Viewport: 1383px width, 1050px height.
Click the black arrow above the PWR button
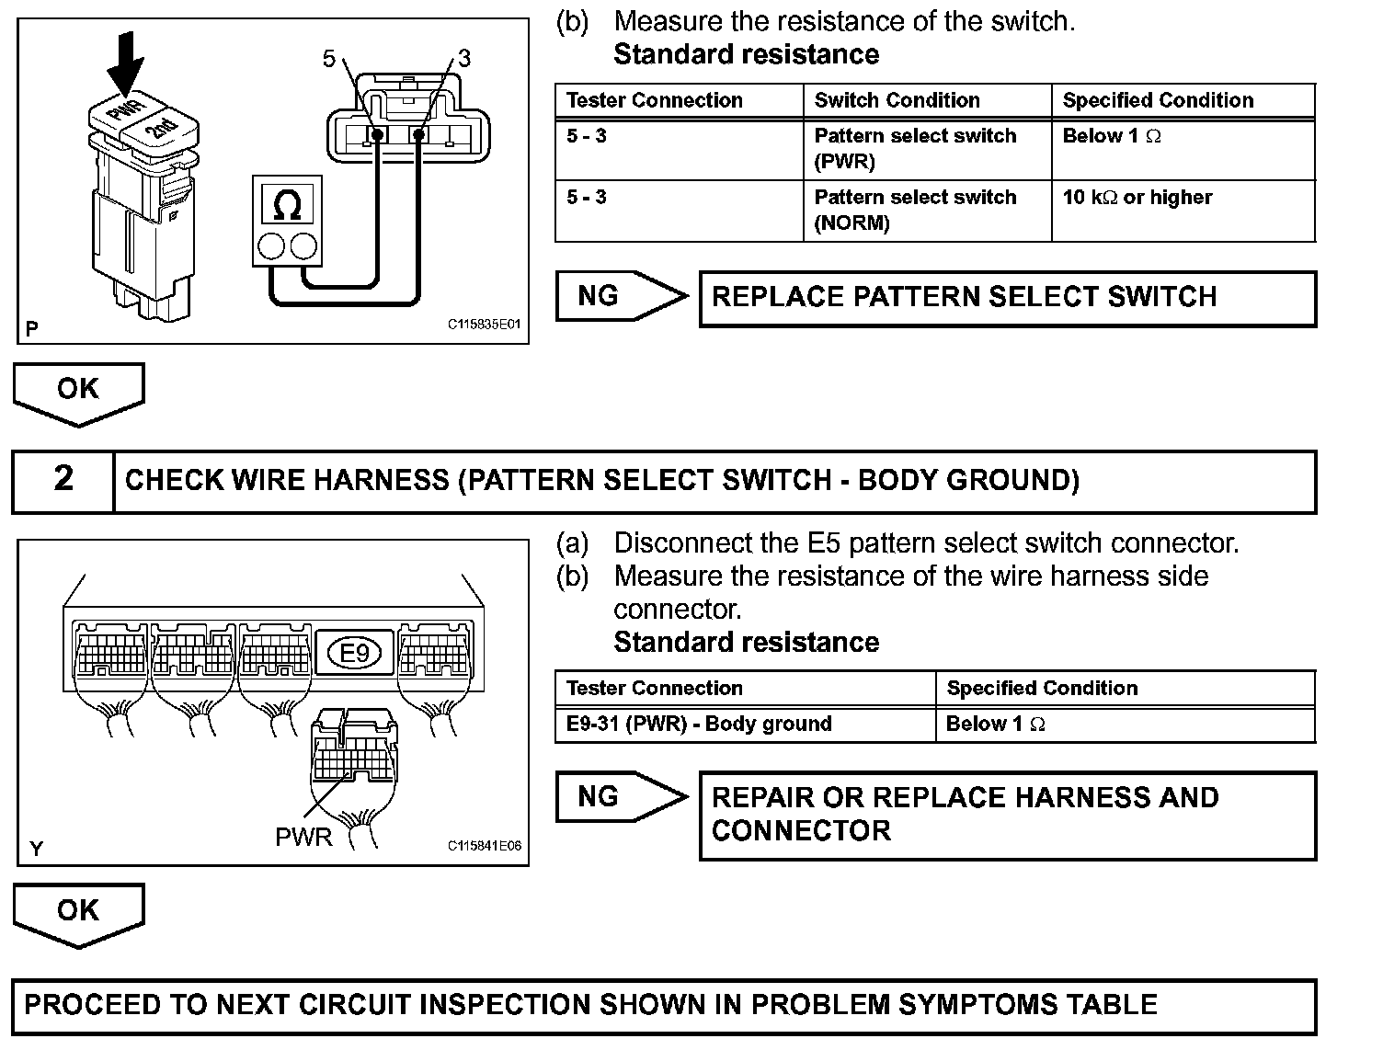(x=125, y=64)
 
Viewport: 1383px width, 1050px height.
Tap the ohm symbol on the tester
(x=288, y=204)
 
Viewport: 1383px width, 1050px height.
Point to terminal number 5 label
(x=329, y=59)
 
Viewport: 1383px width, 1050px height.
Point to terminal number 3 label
(x=463, y=59)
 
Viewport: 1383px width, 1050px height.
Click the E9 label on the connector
(x=354, y=653)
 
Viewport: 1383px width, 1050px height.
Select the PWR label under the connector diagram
(x=303, y=838)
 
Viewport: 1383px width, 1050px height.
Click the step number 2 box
(x=63, y=480)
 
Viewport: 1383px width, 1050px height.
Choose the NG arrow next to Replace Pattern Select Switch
(x=620, y=296)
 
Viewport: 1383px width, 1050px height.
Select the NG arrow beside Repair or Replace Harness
(x=620, y=796)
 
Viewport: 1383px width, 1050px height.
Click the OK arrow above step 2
(x=78, y=391)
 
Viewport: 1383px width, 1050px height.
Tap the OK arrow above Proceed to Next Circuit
(x=78, y=912)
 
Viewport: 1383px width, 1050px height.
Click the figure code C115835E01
(x=485, y=325)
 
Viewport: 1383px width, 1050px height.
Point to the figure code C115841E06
(x=485, y=846)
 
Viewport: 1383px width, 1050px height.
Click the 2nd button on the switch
(x=164, y=128)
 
